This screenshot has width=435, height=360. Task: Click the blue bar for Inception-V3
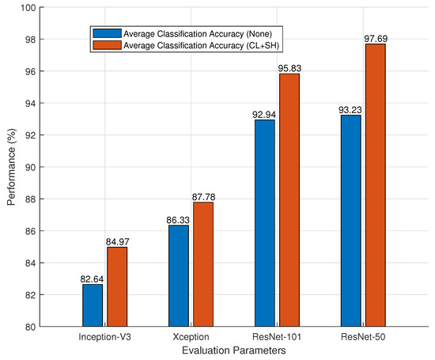click(x=93, y=305)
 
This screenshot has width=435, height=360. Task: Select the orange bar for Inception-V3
click(x=117, y=286)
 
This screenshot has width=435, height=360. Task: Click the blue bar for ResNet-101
click(x=265, y=222)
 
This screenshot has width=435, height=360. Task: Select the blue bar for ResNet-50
click(x=350, y=220)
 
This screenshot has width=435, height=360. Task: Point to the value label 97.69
click(x=376, y=38)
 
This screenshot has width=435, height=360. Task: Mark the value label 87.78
click(x=203, y=196)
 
